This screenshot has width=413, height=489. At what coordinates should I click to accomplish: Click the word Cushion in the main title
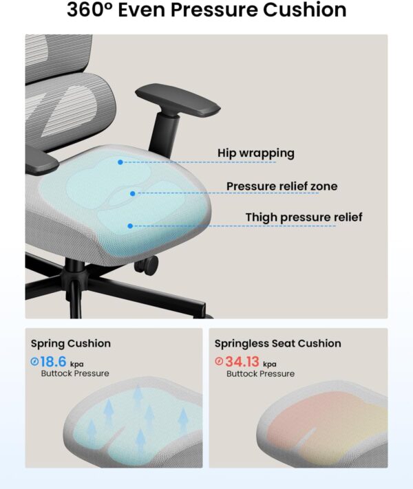tap(305, 10)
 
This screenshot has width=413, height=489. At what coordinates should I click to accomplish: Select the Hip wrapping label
tap(256, 153)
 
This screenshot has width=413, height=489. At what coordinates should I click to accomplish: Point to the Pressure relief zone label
tap(282, 186)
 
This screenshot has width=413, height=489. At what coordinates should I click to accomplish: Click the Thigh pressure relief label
tap(304, 217)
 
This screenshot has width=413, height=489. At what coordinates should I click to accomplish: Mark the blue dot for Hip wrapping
tap(120, 162)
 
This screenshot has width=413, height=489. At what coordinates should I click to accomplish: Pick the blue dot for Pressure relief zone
tap(133, 194)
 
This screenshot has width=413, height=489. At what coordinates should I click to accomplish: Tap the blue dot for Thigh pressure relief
tap(130, 226)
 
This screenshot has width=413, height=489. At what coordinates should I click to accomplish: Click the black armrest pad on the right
tap(178, 100)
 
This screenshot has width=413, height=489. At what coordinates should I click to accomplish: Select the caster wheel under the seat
tap(147, 265)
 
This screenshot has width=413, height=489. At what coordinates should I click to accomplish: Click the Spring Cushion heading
tap(71, 343)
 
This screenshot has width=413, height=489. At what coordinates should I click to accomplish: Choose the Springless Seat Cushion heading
tap(277, 343)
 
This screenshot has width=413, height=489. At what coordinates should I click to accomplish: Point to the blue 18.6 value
tap(53, 362)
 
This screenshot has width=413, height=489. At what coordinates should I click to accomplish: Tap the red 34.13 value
tap(242, 362)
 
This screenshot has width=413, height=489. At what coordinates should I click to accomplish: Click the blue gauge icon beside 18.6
tap(34, 362)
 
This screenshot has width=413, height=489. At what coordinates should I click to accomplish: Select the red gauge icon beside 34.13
tap(219, 361)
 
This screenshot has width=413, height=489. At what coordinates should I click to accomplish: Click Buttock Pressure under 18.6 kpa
tap(75, 373)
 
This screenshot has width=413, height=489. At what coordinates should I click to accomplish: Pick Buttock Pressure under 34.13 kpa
tap(260, 373)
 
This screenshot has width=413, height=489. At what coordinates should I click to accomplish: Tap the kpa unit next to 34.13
tap(270, 365)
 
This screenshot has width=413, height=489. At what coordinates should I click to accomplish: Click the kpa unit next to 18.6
tap(77, 365)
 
